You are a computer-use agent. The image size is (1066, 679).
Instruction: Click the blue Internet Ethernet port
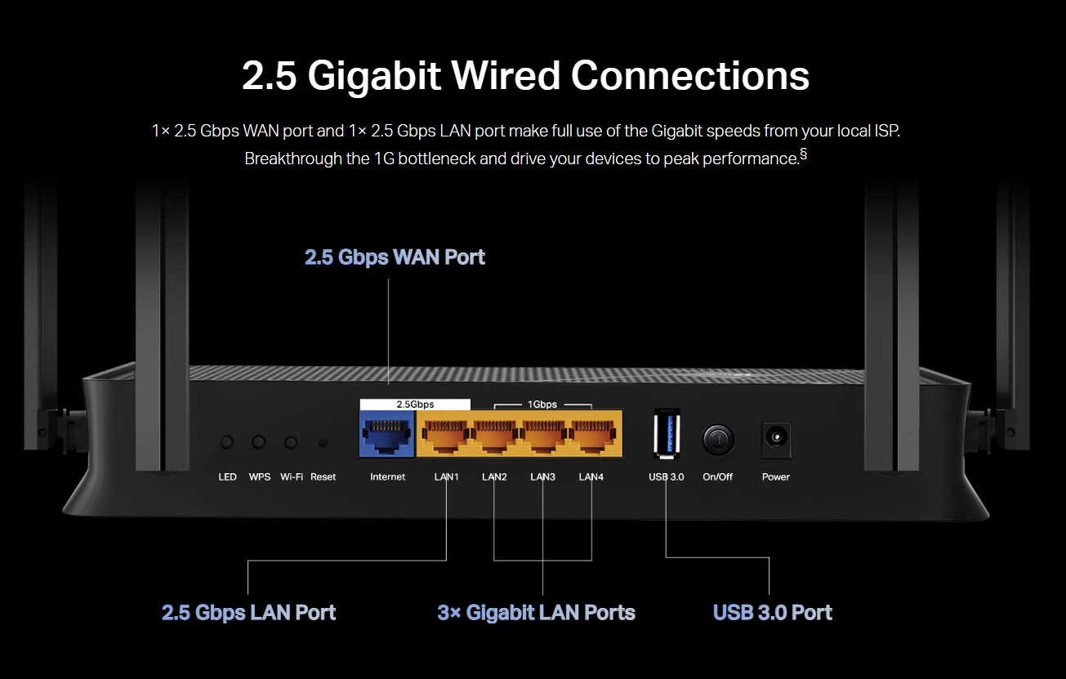pos(386,434)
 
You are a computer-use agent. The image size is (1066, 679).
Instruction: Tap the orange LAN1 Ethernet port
pos(444,434)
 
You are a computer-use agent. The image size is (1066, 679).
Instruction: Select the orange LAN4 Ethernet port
pos(593,434)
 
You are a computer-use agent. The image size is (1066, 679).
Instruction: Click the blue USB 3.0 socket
pos(667,433)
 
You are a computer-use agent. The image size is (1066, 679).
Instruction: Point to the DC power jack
pos(776,439)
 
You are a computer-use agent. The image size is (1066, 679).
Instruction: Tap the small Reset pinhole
pos(323,444)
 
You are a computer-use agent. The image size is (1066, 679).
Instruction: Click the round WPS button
pos(259,442)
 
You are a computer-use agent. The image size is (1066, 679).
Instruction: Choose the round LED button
pos(227,442)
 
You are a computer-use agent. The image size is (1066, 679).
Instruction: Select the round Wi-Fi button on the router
pos(292,442)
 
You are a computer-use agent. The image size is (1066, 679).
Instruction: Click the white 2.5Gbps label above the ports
pos(415,404)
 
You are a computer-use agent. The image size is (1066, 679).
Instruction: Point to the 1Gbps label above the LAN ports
pos(542,404)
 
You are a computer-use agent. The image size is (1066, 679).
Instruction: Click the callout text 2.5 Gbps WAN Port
pos(395,257)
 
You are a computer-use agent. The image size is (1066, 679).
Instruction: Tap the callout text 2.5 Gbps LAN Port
pos(248,613)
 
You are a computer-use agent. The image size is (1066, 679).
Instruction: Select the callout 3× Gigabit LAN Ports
pos(537,613)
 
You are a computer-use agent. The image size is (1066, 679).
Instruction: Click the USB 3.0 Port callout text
pos(773,612)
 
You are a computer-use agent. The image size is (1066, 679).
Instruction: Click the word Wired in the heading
pos(506,75)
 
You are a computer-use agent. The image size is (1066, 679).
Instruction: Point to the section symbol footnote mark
pos(803,154)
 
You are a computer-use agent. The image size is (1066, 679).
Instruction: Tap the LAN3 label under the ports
pos(542,476)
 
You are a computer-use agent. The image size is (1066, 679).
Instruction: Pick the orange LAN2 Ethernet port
pos(494,434)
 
